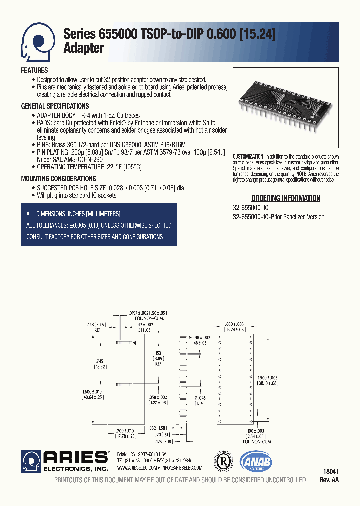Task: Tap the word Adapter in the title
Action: [x=84, y=49]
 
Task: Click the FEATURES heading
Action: [x=34, y=71]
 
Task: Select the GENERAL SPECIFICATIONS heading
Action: [x=55, y=106]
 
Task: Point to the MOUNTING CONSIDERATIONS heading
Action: [x=58, y=179]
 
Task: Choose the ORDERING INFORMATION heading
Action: [x=286, y=198]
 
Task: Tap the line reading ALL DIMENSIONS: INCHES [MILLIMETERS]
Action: [x=73, y=214]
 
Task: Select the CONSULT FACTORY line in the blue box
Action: [x=95, y=237]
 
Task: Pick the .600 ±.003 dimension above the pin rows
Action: [x=235, y=324]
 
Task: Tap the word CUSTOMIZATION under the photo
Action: [x=248, y=156]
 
